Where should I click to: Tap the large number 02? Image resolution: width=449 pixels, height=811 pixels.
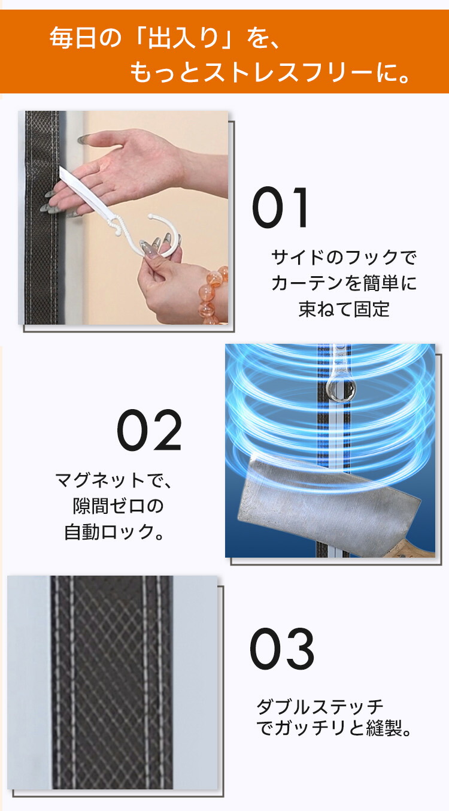pyautogui.click(x=149, y=430)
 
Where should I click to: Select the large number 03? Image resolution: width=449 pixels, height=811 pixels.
pyautogui.click(x=282, y=649)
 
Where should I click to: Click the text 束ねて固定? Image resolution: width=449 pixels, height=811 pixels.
pyautogui.click(x=344, y=309)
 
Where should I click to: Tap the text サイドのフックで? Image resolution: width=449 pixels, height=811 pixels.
pyautogui.click(x=344, y=258)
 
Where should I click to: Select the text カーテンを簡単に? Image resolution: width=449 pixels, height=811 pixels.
pyautogui.click(x=344, y=283)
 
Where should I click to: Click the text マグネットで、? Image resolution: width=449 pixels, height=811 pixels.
pyautogui.click(x=114, y=480)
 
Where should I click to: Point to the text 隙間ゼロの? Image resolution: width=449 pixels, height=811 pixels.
pyautogui.click(x=119, y=506)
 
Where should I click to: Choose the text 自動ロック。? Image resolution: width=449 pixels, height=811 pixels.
pyautogui.click(x=114, y=532)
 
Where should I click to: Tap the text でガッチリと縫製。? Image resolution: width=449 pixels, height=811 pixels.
pyautogui.click(x=334, y=728)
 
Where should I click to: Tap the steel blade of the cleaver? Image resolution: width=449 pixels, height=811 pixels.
pyautogui.click(x=326, y=503)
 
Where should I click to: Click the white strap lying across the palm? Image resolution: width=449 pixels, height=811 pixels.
pyautogui.click(x=87, y=195)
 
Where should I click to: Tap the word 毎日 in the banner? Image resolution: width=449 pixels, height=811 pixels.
pyautogui.click(x=73, y=38)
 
